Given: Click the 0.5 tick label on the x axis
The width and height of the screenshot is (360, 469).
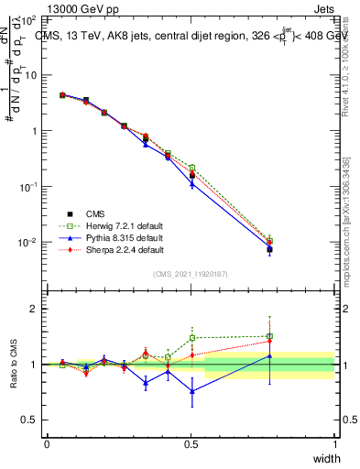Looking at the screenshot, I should pyautogui.click(x=191, y=444).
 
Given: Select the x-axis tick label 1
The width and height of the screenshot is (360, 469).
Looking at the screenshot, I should pyautogui.click(x=335, y=444).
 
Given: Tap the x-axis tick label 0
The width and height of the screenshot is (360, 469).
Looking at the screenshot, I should pyautogui.click(x=47, y=444).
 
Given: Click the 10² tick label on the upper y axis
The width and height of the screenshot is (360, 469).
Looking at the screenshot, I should pyautogui.click(x=27, y=19).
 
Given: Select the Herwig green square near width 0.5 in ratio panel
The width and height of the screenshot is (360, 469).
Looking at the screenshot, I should pyautogui.click(x=192, y=338).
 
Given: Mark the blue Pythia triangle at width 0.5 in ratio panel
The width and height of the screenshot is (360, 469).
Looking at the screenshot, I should pyautogui.click(x=192, y=391).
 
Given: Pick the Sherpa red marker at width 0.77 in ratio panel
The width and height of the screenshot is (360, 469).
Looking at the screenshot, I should pyautogui.click(x=269, y=342).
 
